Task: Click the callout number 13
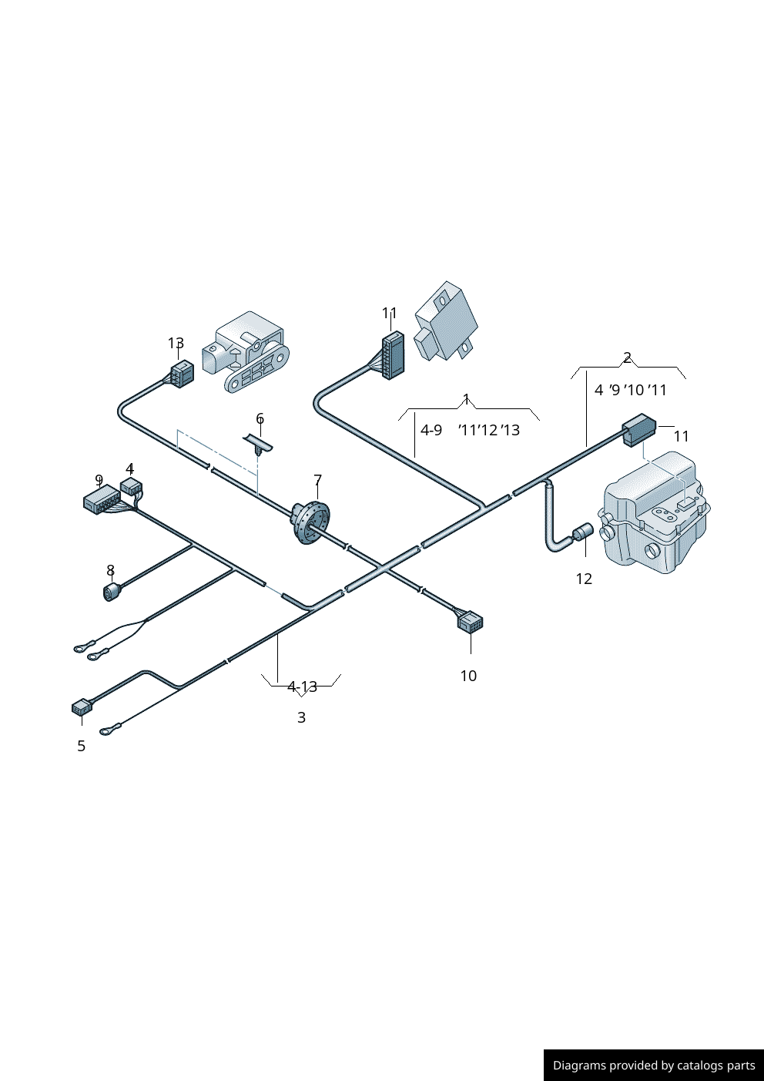(x=176, y=343)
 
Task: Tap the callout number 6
(x=260, y=419)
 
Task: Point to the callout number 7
(x=317, y=481)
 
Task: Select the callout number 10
(x=468, y=676)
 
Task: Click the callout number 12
(x=584, y=579)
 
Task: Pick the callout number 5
(x=81, y=746)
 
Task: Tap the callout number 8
(x=110, y=570)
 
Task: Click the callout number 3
(x=301, y=717)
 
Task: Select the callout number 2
(x=627, y=358)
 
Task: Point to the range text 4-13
(x=302, y=687)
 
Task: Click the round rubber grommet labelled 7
(x=310, y=522)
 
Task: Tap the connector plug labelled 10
(x=470, y=620)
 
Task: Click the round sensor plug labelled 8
(x=112, y=591)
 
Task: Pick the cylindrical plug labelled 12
(x=582, y=532)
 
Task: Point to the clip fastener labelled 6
(x=260, y=445)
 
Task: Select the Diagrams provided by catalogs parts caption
(x=653, y=1066)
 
